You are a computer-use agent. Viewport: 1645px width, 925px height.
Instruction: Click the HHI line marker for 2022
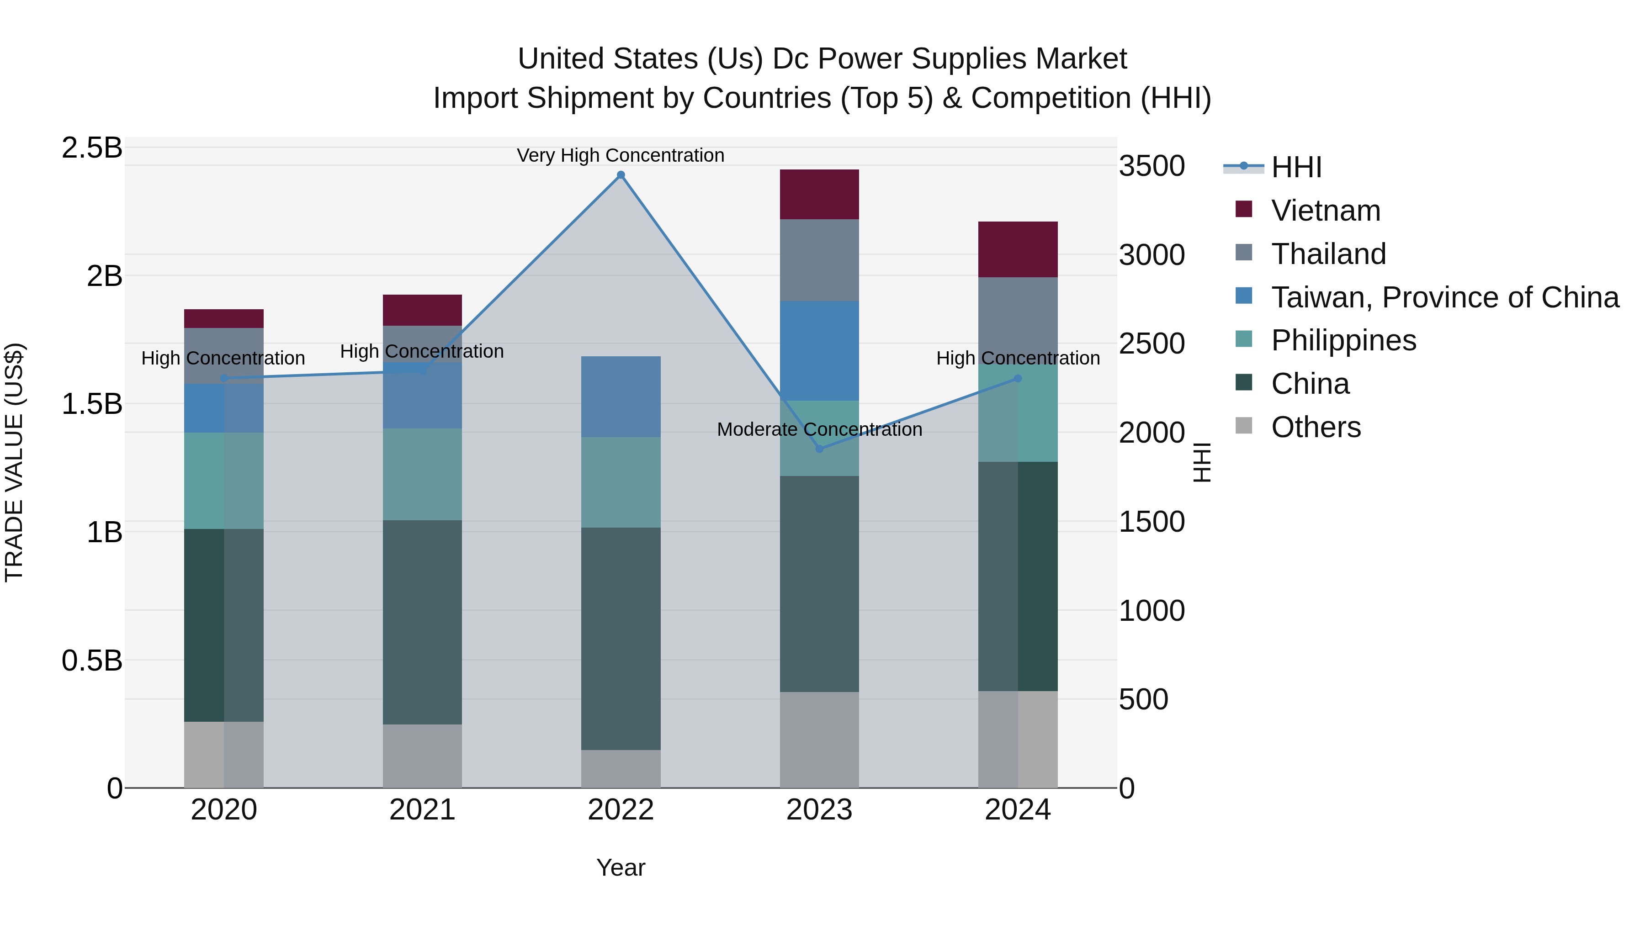tap(621, 175)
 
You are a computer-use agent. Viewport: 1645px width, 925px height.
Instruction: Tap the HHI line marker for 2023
tap(820, 449)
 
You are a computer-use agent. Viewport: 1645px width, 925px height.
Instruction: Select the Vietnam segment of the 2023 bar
tap(819, 195)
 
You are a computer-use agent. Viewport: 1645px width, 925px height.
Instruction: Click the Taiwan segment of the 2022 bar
tap(621, 396)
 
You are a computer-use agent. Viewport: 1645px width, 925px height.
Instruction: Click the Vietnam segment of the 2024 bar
tap(1018, 249)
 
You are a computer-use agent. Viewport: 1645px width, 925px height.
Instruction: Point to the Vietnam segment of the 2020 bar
tap(223, 318)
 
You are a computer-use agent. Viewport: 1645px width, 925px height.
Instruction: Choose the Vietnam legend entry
tap(1326, 211)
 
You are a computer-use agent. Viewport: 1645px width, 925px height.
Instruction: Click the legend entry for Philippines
tap(1343, 340)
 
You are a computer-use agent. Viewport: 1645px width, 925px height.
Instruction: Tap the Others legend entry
tap(1316, 427)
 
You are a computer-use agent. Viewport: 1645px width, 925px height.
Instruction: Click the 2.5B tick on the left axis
tap(92, 148)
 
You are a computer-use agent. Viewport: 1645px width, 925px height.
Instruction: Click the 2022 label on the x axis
tap(621, 810)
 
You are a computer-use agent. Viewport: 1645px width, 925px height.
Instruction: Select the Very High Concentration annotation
tap(620, 155)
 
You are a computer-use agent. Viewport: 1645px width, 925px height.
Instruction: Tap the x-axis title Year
tap(621, 867)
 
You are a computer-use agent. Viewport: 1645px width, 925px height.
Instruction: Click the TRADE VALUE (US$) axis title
tap(14, 462)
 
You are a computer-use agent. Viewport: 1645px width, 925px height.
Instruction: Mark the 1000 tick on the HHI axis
tap(1152, 611)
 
